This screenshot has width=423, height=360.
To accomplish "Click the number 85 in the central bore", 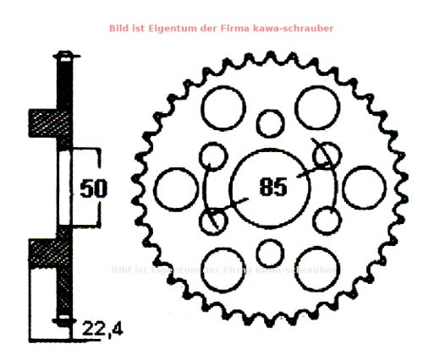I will [x=270, y=187].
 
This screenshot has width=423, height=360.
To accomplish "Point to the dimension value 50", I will [x=93, y=187].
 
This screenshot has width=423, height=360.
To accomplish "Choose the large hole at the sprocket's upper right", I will [x=316, y=106].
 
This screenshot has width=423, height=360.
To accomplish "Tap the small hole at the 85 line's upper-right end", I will [x=325, y=155].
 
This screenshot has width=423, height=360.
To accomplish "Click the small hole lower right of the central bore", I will [x=325, y=220].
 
